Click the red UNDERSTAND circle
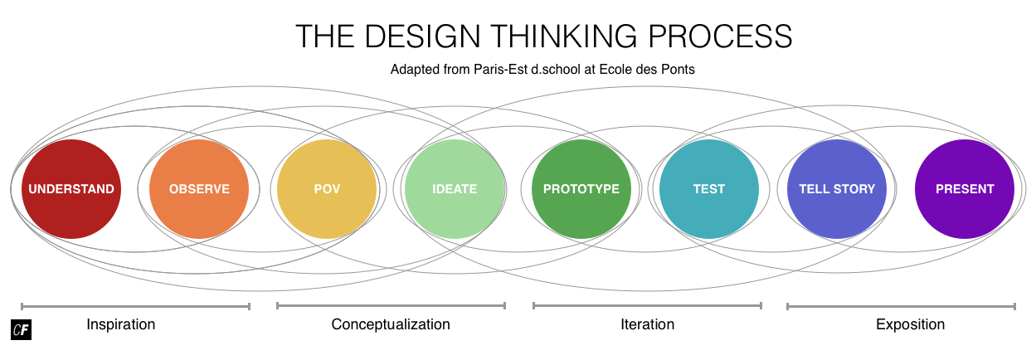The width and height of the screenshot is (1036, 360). pyautogui.click(x=71, y=189)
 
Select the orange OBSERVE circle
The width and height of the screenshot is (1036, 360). pyautogui.click(x=199, y=189)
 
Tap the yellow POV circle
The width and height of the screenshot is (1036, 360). pyautogui.click(x=327, y=189)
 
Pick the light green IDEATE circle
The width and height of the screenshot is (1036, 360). pyautogui.click(x=455, y=189)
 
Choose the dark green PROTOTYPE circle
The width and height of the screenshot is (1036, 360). pyautogui.click(x=581, y=189)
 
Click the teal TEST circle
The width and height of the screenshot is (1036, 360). pyautogui.click(x=709, y=189)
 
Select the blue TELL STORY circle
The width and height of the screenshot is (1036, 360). pyautogui.click(x=837, y=189)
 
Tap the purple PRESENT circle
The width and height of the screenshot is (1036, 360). pyautogui.click(x=965, y=189)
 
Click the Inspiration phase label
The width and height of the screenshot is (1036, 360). pyautogui.click(x=121, y=324)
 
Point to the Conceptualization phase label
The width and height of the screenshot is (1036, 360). pyautogui.click(x=391, y=324)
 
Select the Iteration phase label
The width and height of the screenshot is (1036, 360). pyautogui.click(x=647, y=324)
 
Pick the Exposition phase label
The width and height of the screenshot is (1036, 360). pyautogui.click(x=910, y=324)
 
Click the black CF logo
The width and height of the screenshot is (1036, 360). pyautogui.click(x=22, y=329)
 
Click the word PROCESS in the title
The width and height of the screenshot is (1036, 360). pyautogui.click(x=720, y=36)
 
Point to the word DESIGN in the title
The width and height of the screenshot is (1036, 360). pyautogui.click(x=423, y=36)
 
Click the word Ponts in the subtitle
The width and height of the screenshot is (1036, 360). pyautogui.click(x=678, y=70)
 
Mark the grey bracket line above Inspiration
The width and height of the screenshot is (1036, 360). pyautogui.click(x=135, y=306)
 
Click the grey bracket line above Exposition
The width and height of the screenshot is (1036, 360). pyautogui.click(x=902, y=306)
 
